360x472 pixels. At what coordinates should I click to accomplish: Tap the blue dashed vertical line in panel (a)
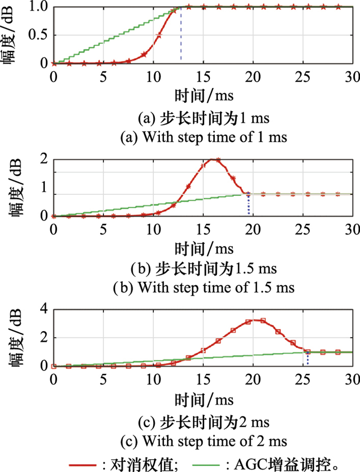[181, 36]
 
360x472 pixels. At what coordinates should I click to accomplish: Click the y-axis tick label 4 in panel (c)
[44, 309]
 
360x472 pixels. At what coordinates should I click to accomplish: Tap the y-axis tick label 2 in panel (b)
[44, 159]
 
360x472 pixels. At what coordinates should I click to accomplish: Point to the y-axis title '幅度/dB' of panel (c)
[11, 337]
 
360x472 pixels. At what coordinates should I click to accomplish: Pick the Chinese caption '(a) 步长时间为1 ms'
[203, 119]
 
